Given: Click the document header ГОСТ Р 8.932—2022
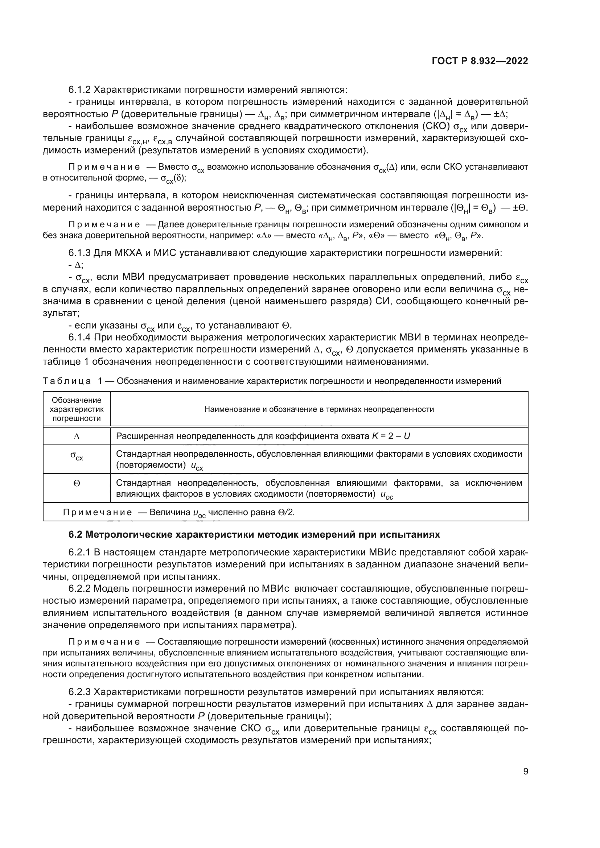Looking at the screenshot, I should coord(480,61).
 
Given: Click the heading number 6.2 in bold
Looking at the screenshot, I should coord(76,534).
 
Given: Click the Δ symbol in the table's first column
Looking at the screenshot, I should coord(77,437).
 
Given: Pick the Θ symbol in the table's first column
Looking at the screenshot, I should coord(77,483).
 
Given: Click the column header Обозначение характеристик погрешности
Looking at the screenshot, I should coord(77,409).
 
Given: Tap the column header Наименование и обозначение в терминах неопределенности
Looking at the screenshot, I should coord(319,409).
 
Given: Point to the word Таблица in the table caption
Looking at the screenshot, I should coord(67,381).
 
